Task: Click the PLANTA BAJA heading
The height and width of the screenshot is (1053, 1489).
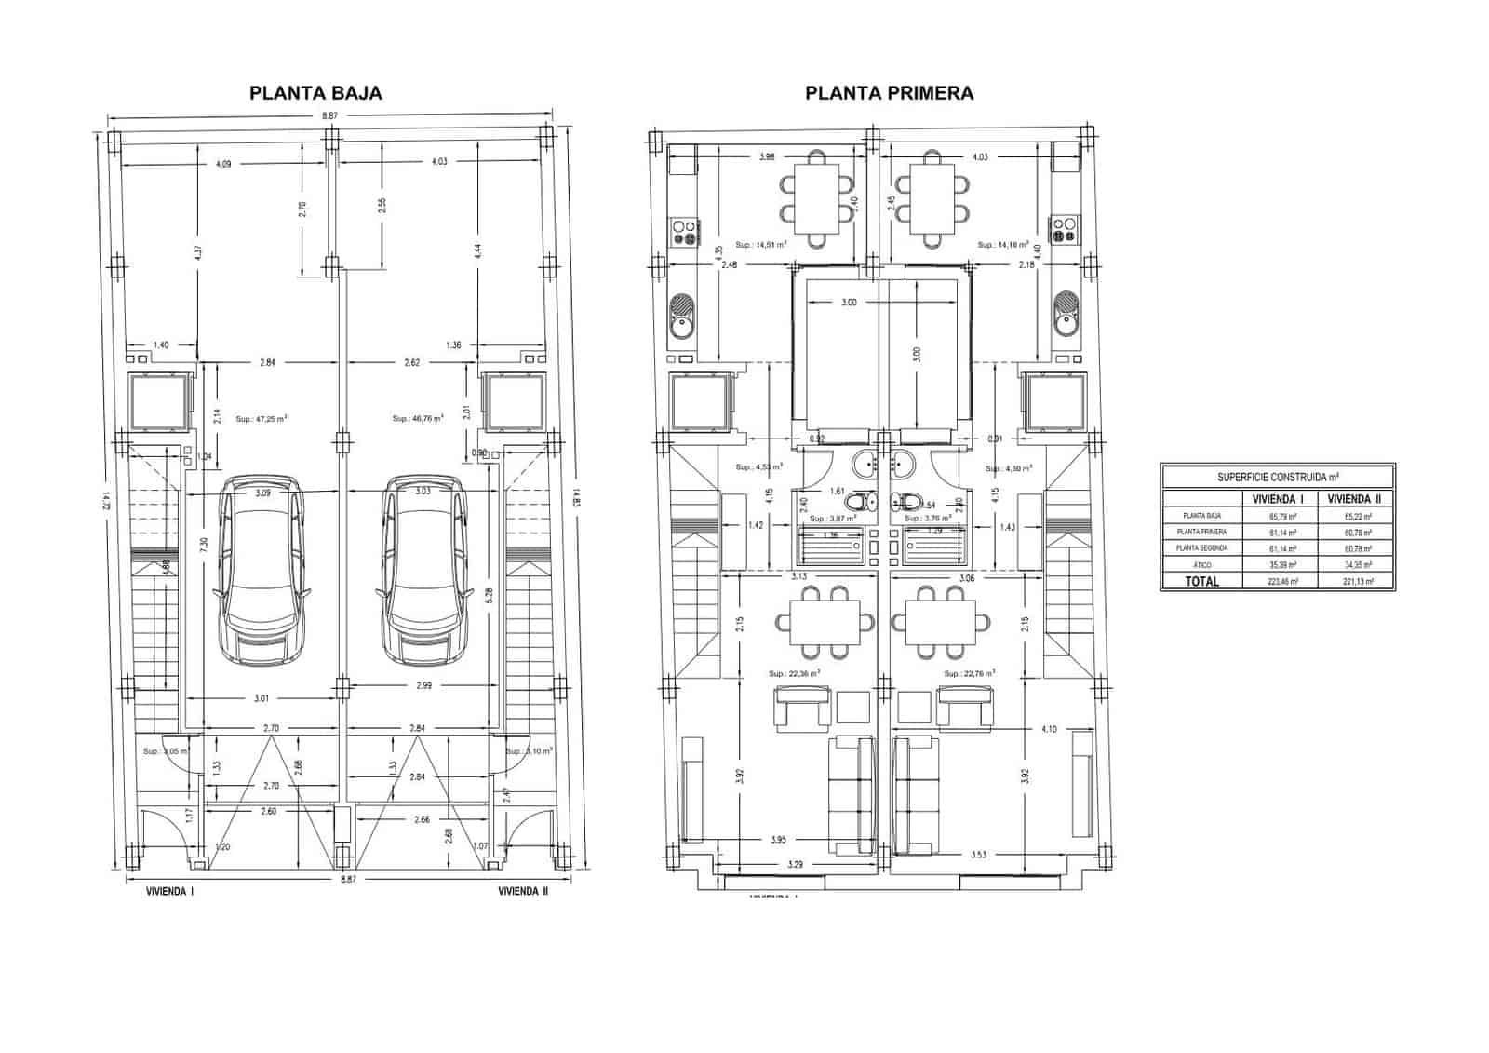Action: point(315,93)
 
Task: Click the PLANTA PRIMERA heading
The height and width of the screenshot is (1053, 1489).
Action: point(889,93)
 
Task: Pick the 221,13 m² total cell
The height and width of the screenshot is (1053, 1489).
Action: point(1357,581)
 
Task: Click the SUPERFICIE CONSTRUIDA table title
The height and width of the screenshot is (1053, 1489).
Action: point(1277,477)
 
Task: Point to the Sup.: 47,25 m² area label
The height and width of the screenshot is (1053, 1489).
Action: point(262,419)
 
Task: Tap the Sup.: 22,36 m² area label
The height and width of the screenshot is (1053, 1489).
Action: point(794,673)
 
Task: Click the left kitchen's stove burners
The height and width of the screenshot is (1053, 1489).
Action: point(685,231)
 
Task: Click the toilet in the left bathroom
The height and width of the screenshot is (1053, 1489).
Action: point(865,502)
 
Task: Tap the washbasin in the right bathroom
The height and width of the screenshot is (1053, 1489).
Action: point(903,461)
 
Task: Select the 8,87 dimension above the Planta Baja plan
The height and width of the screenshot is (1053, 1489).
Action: point(330,115)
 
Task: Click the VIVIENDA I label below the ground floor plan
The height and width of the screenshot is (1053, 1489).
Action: point(170,891)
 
